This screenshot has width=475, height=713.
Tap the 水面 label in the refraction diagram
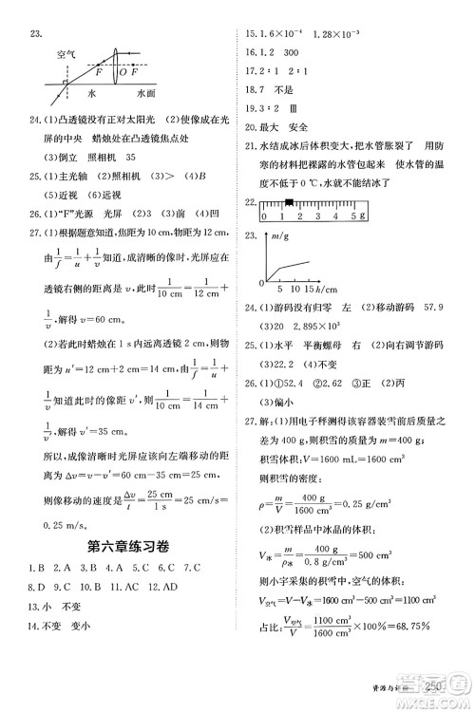[x=146, y=95]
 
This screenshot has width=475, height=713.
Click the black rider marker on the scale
[x=286, y=202]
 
